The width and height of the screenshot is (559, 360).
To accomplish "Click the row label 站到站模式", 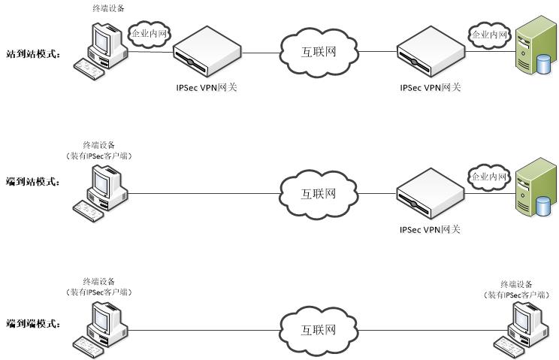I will (32, 54).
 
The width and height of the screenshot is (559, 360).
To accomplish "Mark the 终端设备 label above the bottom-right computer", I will (517, 284).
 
